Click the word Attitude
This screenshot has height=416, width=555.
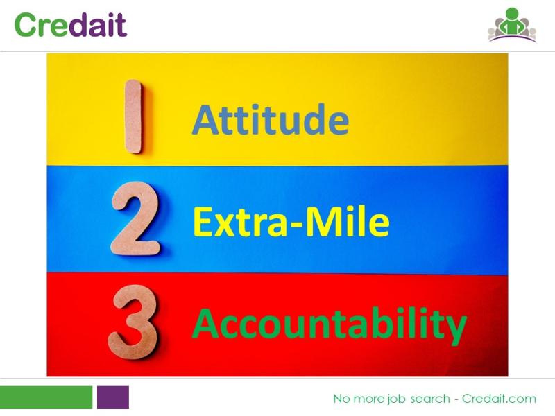(271, 119)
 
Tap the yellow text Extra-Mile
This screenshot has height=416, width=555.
(291, 221)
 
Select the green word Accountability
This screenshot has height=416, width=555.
(329, 324)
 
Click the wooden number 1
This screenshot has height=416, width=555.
(133, 116)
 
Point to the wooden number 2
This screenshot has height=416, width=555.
(135, 218)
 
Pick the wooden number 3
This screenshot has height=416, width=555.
(133, 322)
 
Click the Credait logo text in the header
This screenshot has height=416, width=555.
(71, 24)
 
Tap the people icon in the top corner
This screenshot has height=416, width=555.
(512, 25)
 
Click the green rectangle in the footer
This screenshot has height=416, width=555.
(46, 397)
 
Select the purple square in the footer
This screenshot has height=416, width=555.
(113, 397)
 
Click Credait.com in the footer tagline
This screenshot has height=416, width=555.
(499, 399)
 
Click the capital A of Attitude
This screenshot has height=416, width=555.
(205, 119)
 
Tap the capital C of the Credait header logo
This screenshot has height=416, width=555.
(26, 24)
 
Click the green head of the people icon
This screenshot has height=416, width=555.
(512, 13)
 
